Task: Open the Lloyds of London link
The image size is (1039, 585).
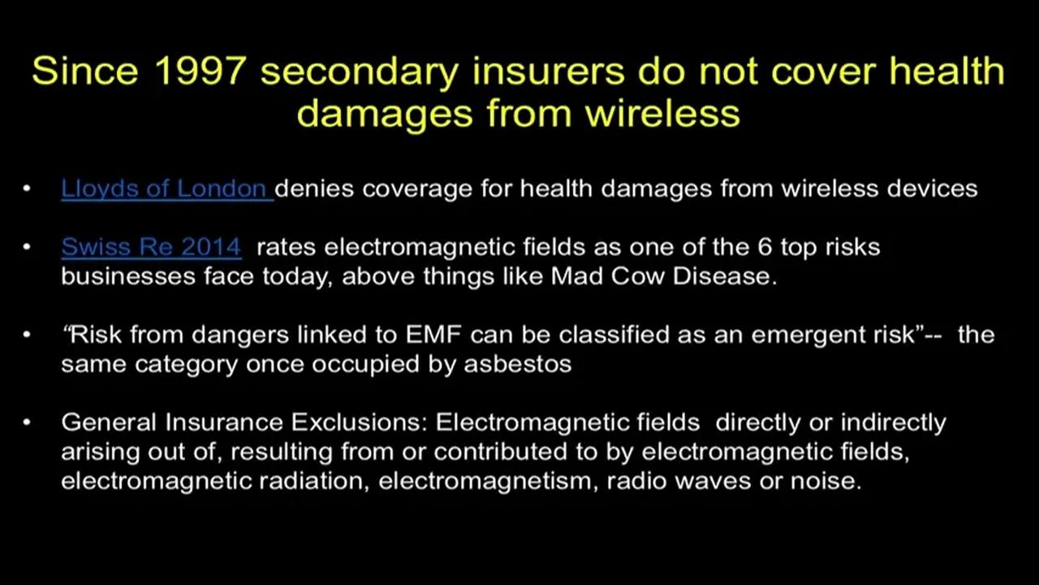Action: click(165, 188)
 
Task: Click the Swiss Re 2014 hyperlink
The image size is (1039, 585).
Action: click(151, 246)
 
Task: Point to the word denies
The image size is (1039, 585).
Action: click(315, 188)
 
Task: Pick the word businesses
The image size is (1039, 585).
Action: click(119, 275)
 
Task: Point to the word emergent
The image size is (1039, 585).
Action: click(800, 335)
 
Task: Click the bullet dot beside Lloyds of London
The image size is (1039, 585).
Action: click(27, 189)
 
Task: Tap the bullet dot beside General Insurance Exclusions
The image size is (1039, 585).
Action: click(27, 423)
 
